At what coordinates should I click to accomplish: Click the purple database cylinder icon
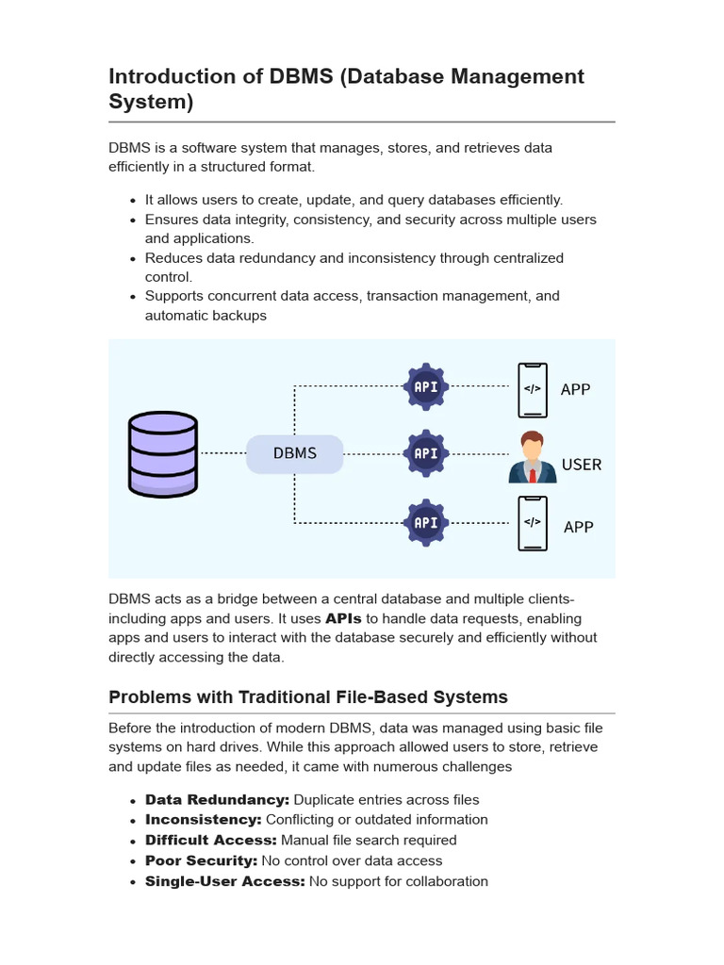(163, 454)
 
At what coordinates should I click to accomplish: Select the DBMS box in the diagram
(295, 453)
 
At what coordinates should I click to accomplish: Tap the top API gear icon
(426, 386)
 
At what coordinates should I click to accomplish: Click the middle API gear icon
(426, 453)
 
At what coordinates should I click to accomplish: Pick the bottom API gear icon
(426, 522)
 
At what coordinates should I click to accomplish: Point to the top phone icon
(533, 389)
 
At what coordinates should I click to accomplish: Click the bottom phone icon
(533, 523)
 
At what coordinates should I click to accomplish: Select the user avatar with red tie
(533, 458)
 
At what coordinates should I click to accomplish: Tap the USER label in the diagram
(582, 465)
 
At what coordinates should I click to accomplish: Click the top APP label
(575, 389)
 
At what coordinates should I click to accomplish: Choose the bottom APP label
(578, 527)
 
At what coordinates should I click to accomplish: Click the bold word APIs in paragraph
(343, 619)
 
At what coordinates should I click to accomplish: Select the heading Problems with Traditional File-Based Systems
(308, 697)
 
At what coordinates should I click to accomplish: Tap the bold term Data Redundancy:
(217, 800)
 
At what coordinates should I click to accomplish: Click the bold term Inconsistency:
(203, 820)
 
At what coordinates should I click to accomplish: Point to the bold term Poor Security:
(201, 860)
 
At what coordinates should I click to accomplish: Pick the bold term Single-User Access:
(224, 881)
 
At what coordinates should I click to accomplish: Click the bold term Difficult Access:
(211, 840)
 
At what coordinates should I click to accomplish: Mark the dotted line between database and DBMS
(222, 453)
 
